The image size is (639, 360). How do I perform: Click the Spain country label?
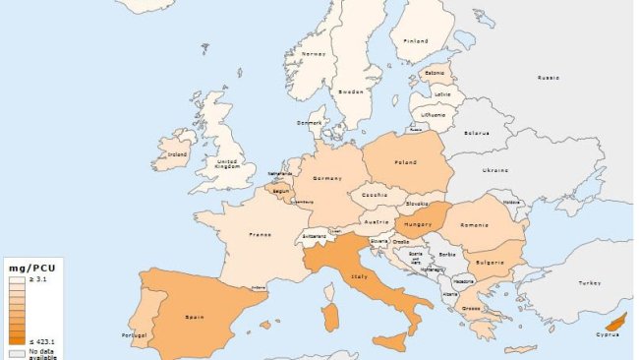click(195, 318)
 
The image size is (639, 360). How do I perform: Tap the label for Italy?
click(359, 277)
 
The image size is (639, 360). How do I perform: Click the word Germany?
click(327, 178)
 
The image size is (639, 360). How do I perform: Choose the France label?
click(260, 235)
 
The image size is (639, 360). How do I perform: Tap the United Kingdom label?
click(227, 163)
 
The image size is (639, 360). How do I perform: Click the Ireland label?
click(178, 153)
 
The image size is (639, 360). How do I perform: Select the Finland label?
click(417, 41)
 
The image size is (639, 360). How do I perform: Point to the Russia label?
click(548, 77)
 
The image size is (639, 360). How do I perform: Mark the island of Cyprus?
click(616, 322)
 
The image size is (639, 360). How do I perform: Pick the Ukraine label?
click(495, 170)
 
